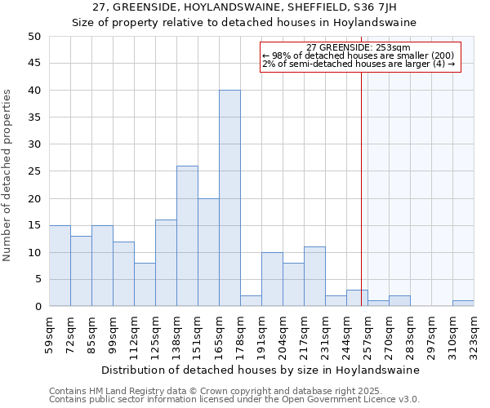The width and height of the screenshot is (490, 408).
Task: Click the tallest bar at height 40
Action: point(229,198)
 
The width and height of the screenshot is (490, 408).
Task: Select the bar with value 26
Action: point(187,236)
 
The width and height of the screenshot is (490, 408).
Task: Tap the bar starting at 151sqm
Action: point(208,252)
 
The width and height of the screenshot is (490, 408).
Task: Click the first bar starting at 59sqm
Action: point(60,266)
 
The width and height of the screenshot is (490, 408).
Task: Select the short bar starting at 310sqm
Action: point(463,304)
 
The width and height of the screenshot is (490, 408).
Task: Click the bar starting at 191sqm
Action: point(272,279)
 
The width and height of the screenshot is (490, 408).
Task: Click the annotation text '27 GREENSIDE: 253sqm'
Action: point(359,47)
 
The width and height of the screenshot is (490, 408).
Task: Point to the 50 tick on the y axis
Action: point(33,37)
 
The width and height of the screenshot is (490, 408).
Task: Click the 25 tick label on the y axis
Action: point(33,171)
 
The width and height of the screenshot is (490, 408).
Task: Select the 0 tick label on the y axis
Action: point(37,307)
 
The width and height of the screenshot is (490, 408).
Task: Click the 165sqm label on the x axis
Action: point(220,333)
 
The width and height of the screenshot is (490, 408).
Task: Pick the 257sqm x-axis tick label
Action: point(368,333)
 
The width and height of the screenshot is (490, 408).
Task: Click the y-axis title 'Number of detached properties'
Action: point(8,175)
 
